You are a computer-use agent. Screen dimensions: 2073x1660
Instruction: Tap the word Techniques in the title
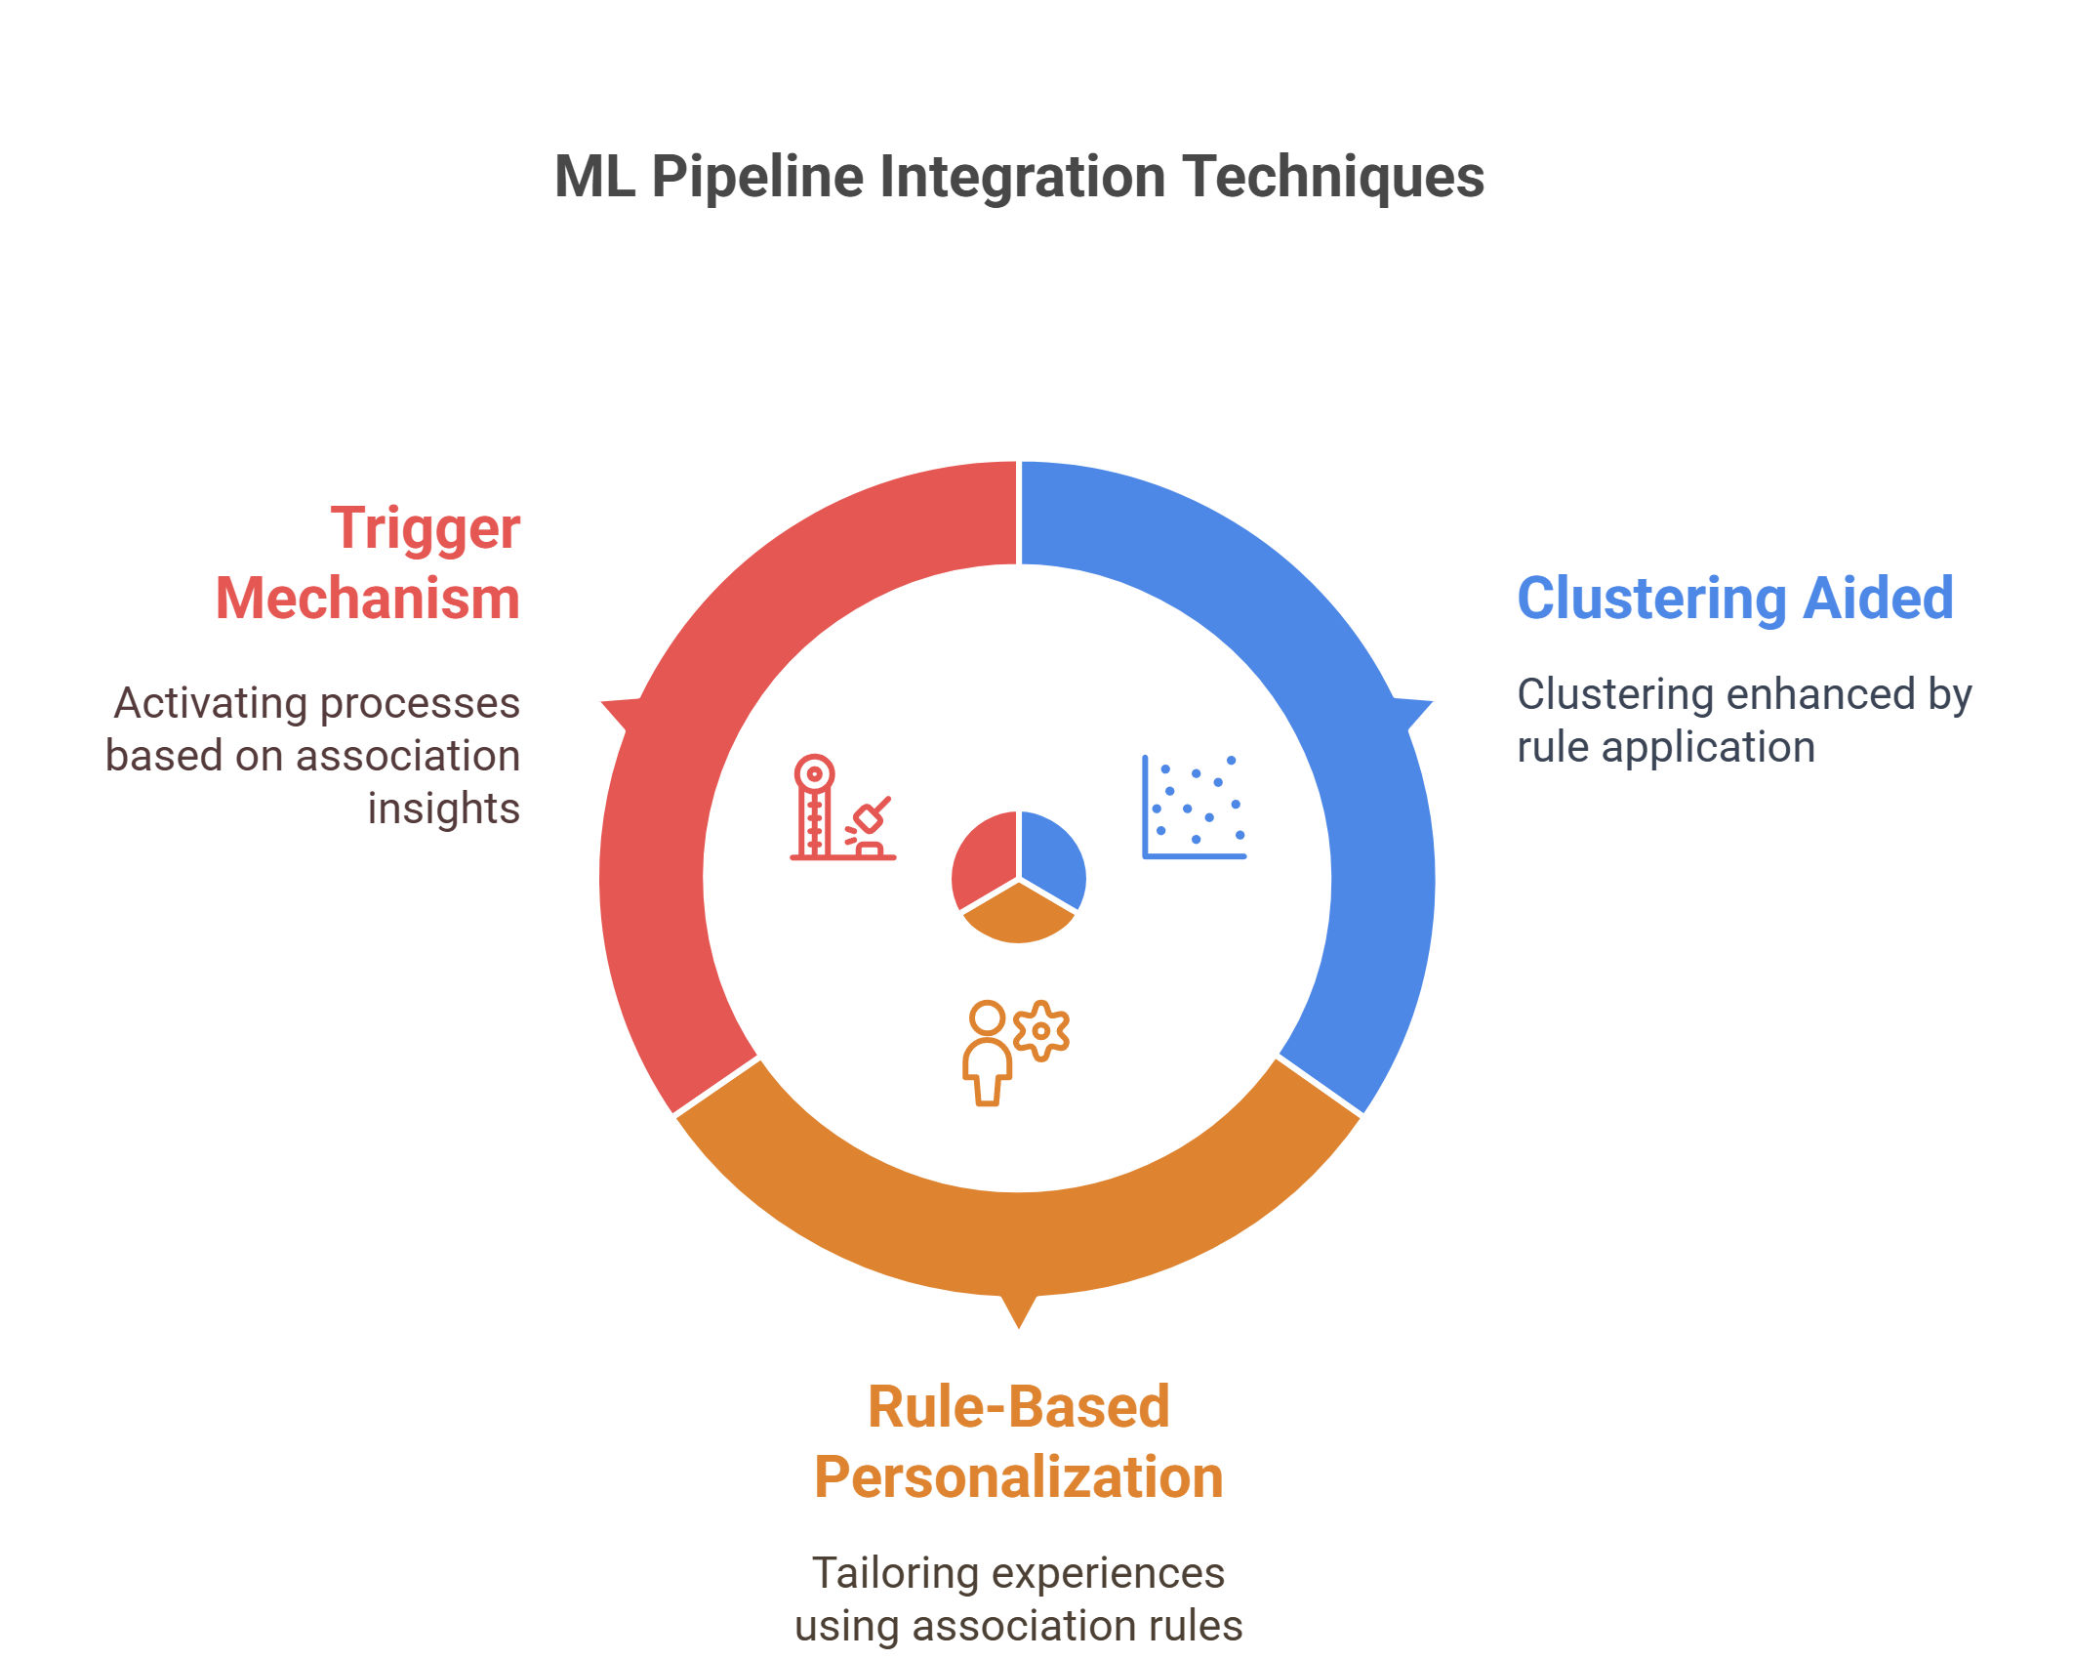coord(1333,178)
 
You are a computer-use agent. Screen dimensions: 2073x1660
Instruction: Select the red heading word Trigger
coord(425,530)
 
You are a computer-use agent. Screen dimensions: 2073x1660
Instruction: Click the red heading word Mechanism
coord(368,598)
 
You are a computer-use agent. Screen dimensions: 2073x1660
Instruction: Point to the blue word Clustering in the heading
coord(1652,598)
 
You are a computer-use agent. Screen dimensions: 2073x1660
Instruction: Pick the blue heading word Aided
coord(1878,598)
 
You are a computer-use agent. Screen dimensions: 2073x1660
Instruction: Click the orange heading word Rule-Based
coord(1019,1407)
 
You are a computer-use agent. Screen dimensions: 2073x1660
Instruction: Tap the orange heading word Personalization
coord(1019,1477)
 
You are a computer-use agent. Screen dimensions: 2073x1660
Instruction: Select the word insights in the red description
coord(444,809)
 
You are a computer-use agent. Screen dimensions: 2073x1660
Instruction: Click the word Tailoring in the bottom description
coord(896,1574)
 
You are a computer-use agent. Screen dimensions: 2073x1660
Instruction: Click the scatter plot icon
coord(1195,807)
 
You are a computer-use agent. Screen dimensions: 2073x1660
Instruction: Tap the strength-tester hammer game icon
coord(842,808)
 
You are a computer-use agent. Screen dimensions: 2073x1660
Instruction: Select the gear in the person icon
coord(1041,1030)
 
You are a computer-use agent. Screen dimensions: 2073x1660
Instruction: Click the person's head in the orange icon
coord(987,1017)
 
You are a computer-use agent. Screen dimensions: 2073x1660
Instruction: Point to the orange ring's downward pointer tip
coord(1019,1328)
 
